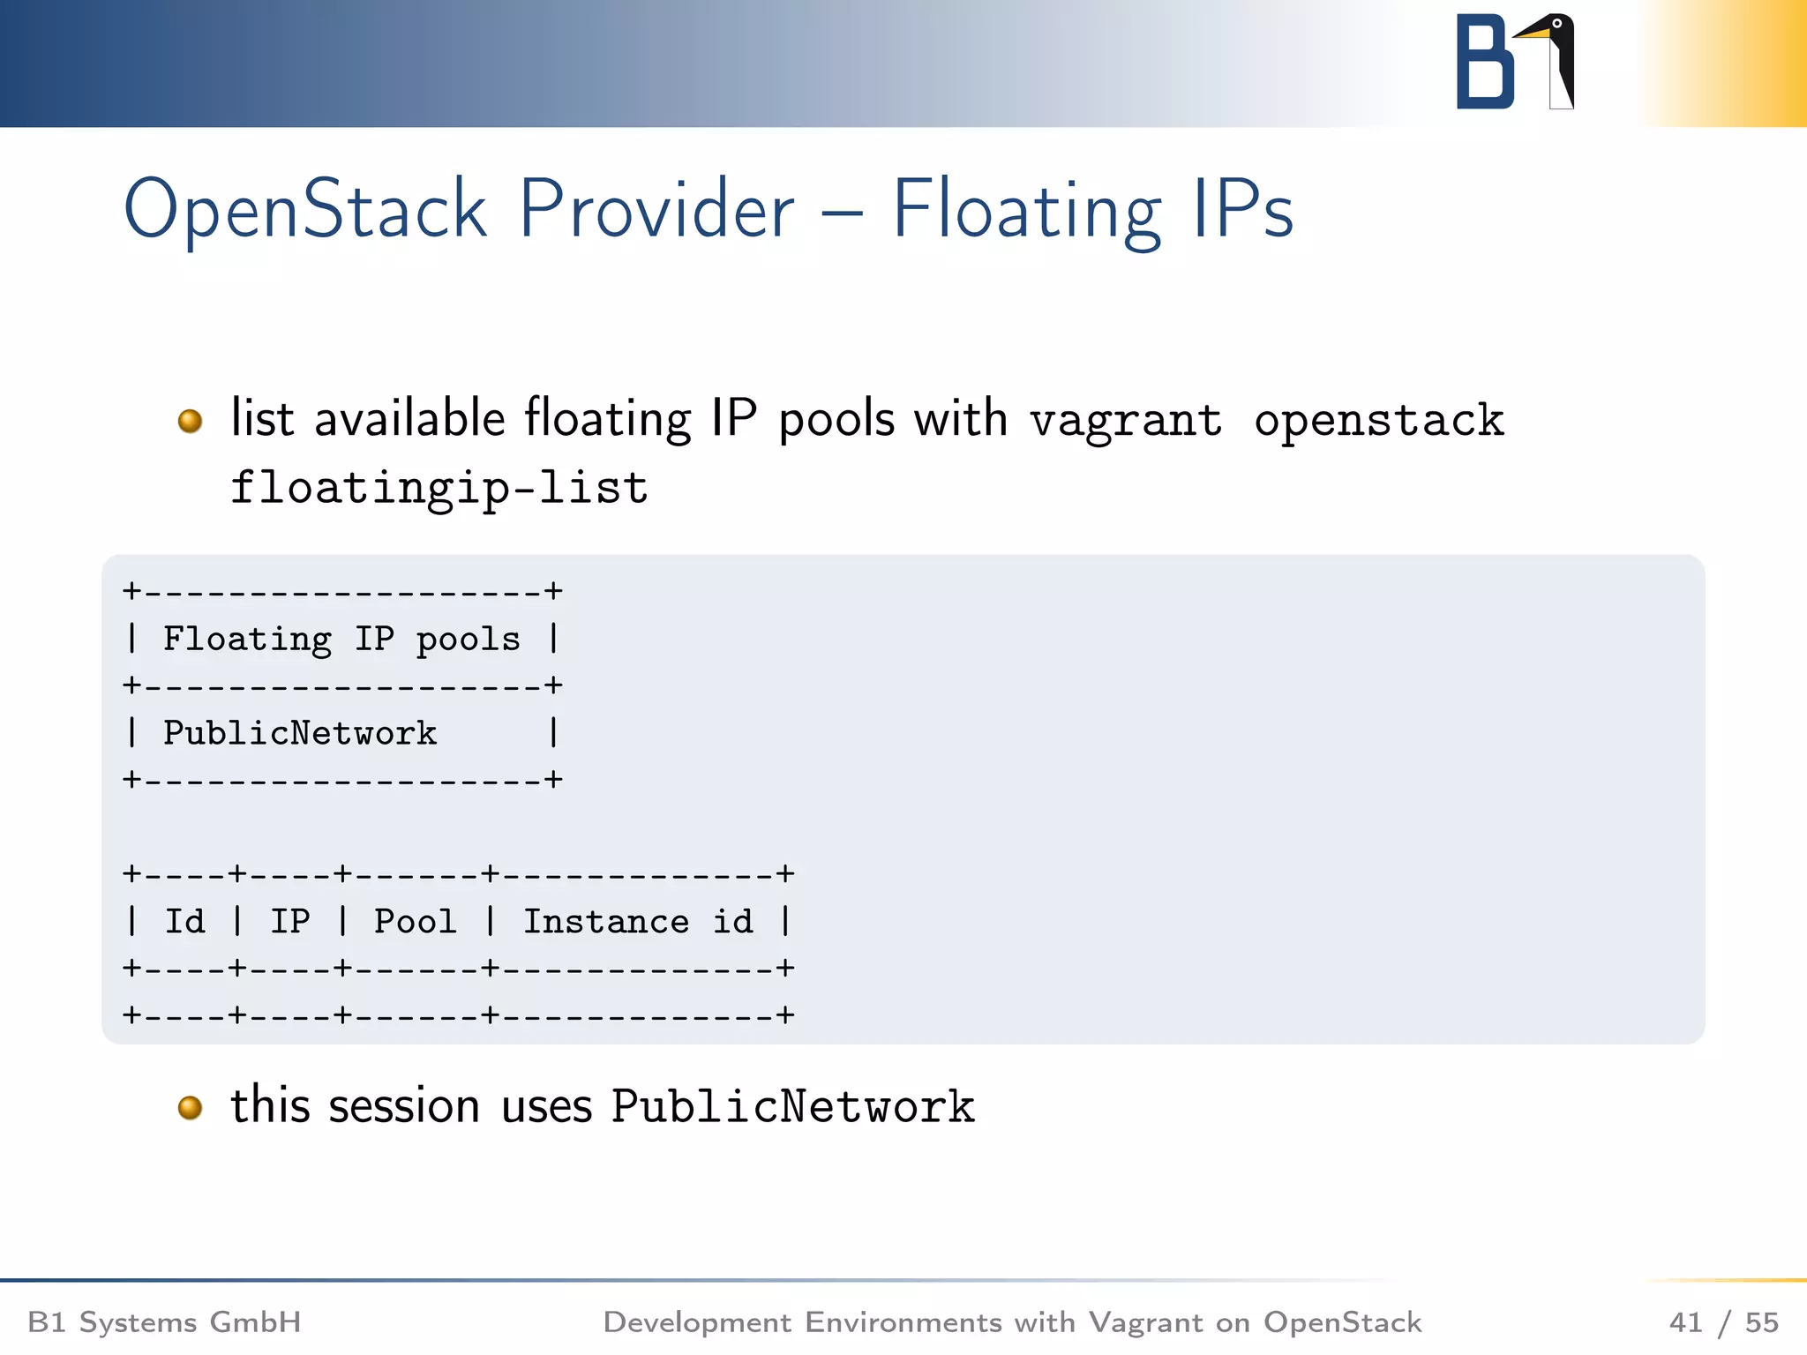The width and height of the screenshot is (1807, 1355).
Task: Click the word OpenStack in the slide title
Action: [304, 210]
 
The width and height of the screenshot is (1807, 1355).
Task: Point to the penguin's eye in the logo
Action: [1557, 24]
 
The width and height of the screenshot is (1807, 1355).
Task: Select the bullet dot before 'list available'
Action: [190, 421]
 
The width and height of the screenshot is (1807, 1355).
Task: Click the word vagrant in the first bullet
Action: [1126, 420]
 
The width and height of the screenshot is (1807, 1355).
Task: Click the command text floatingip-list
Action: [439, 488]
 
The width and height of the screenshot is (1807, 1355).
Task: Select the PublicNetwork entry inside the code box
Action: [300, 733]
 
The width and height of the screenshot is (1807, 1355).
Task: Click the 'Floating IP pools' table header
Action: [341, 639]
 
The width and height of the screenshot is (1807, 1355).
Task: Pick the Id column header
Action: [184, 922]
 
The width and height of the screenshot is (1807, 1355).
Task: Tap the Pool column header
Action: [415, 922]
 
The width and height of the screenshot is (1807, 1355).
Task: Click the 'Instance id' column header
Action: [638, 922]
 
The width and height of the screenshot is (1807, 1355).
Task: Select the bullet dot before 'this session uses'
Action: [190, 1107]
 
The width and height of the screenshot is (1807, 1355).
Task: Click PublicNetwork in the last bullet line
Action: [792, 1107]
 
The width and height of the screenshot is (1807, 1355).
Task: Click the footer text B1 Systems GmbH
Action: [165, 1322]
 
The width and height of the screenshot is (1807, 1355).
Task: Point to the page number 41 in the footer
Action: [1685, 1322]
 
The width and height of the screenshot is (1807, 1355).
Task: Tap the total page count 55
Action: [1761, 1322]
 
